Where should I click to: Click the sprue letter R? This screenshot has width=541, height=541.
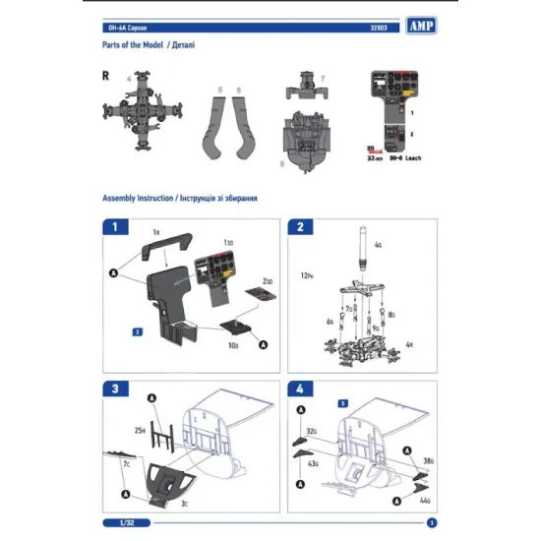pyautogui.click(x=105, y=75)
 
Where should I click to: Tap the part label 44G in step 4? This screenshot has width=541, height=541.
pyautogui.click(x=425, y=501)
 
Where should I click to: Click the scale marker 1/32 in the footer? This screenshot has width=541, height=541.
pyautogui.click(x=115, y=522)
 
